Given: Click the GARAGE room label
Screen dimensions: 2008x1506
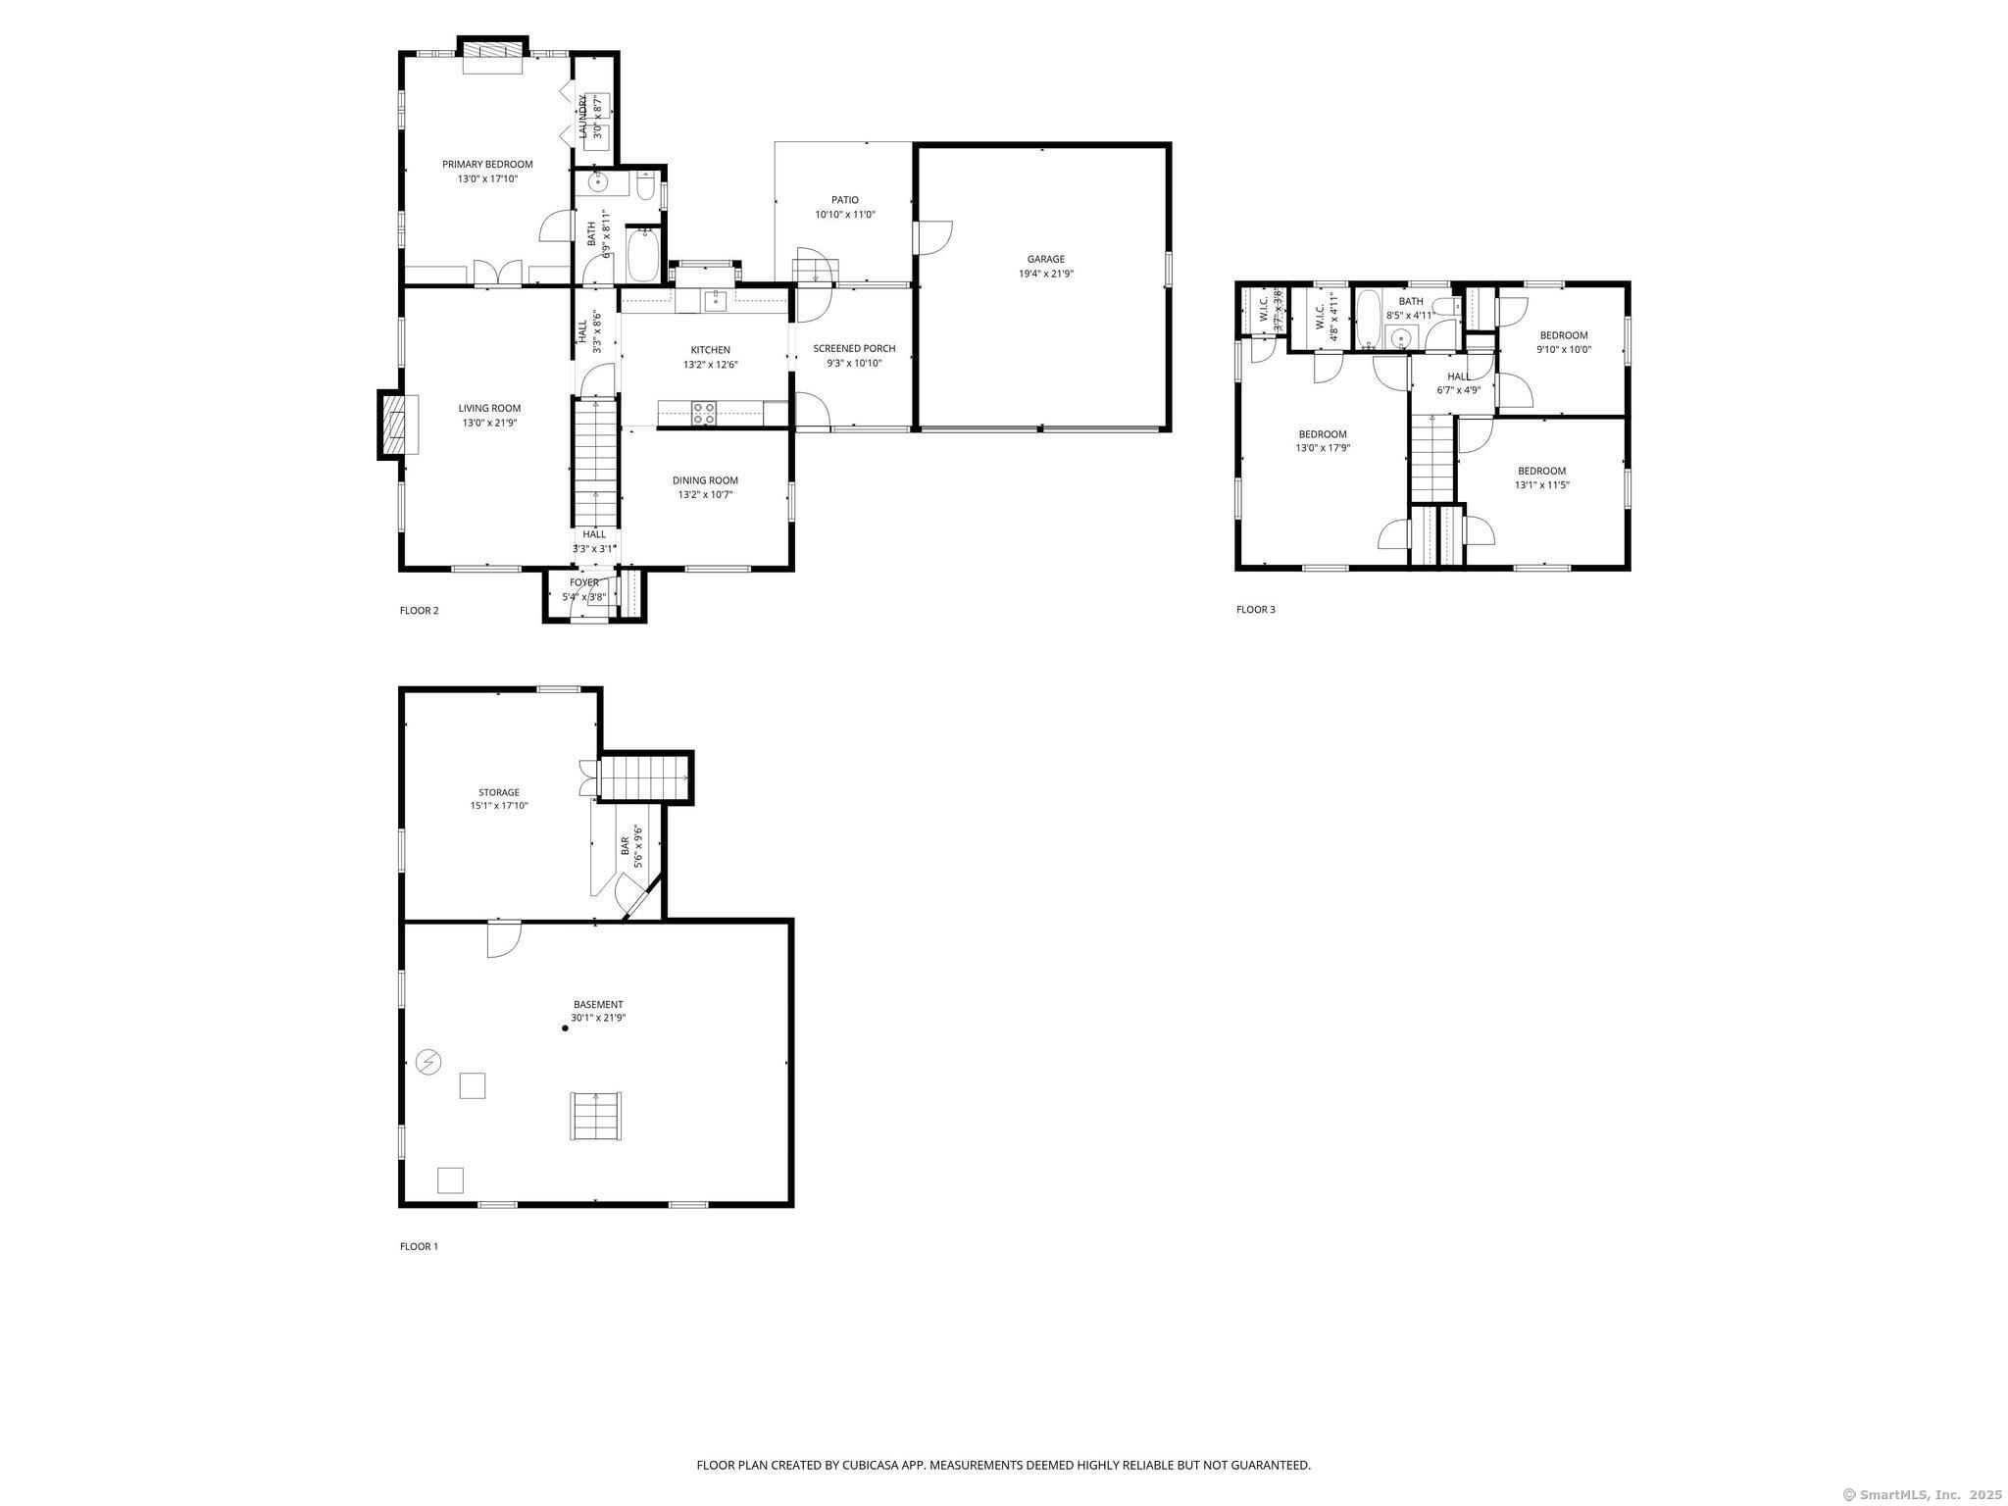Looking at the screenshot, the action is [x=1045, y=259].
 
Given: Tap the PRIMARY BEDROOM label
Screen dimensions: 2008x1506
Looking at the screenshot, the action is [x=487, y=164].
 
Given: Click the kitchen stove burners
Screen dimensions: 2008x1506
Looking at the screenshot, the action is [x=704, y=413].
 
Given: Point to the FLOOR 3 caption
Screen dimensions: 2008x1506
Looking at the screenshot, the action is [x=1255, y=609].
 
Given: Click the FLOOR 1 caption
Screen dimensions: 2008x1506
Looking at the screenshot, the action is [x=419, y=1246].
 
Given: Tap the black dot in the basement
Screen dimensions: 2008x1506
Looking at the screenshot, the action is [x=565, y=1028].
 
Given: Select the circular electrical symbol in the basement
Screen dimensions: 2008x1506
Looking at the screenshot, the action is [x=428, y=1061].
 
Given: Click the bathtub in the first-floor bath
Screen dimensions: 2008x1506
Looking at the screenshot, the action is [x=643, y=255].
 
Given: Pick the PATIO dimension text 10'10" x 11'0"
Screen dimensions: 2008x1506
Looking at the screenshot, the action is [x=844, y=214].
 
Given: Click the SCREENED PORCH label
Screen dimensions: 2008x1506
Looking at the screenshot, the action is [x=854, y=348].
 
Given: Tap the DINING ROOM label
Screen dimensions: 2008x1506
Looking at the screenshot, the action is [x=705, y=480].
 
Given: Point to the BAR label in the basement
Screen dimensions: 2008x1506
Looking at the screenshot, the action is [x=625, y=845].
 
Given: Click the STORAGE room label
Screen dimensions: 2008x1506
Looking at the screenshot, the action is [x=499, y=792].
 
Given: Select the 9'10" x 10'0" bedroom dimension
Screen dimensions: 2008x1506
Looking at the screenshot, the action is [x=1563, y=349].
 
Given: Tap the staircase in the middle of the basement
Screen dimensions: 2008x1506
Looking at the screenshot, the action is [x=596, y=1116].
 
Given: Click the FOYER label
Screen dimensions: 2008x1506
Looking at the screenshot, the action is [x=584, y=582].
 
